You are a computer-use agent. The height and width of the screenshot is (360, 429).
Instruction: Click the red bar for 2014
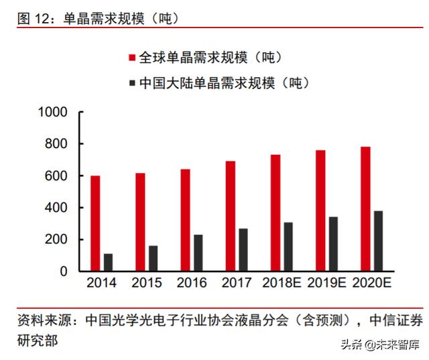(x=95, y=223)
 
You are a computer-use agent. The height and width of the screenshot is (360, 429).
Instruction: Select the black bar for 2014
(x=108, y=262)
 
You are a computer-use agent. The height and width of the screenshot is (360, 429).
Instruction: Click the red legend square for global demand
(x=130, y=58)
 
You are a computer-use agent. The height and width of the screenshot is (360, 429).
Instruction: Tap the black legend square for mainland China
(x=130, y=84)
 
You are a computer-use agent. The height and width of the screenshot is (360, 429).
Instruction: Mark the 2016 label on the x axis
(x=191, y=283)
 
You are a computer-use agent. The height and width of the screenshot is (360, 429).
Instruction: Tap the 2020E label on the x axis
(x=371, y=283)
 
